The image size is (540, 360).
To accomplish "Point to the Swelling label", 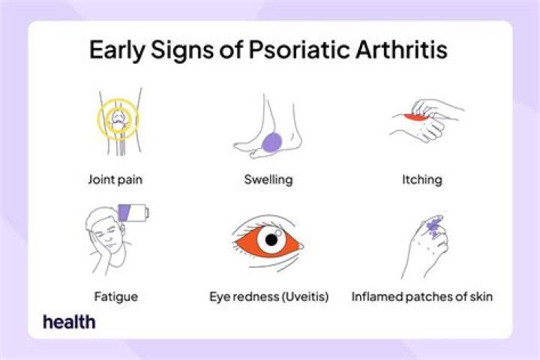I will tap(268, 180).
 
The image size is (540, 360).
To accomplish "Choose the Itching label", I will tap(421, 180).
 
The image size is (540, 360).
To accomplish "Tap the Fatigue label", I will tap(117, 296).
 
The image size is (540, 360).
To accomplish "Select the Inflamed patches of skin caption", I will tap(421, 296).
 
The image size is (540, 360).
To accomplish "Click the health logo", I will tap(69, 322).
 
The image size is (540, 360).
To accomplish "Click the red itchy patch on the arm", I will tap(410, 118).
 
